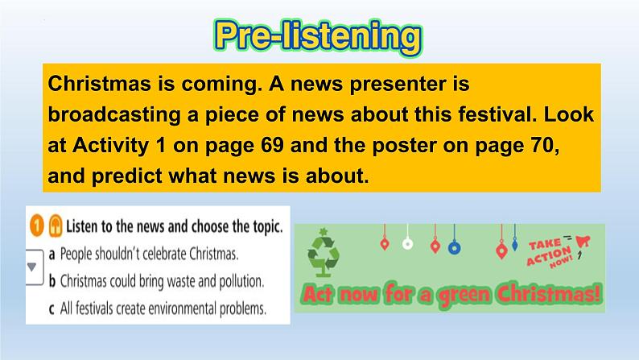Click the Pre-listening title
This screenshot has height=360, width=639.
pyautogui.click(x=318, y=37)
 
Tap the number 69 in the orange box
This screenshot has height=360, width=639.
pyautogui.click(x=272, y=145)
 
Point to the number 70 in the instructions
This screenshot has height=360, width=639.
pyautogui.click(x=544, y=146)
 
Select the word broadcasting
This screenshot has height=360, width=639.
pyautogui.click(x=114, y=115)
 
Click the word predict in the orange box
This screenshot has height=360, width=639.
pyautogui.click(x=126, y=176)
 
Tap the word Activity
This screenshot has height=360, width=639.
pyautogui.click(x=110, y=146)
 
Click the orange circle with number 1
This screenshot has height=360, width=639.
pyautogui.click(x=37, y=226)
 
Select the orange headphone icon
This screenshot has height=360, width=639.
pyautogui.click(x=56, y=226)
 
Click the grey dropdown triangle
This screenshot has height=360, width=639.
pyautogui.click(x=31, y=267)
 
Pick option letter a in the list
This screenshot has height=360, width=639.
pyautogui.click(x=52, y=254)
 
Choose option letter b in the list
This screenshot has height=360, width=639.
pyautogui.click(x=52, y=281)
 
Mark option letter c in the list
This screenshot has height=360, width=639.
pyautogui.click(x=52, y=309)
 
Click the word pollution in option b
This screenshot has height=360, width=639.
pyautogui.click(x=241, y=282)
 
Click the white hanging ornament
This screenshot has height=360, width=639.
pyautogui.click(x=407, y=244)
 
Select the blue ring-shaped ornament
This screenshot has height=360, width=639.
pyautogui.click(x=455, y=247)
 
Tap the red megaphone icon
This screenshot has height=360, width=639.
pyautogui.click(x=583, y=242)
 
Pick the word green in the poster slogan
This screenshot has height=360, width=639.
pyautogui.click(x=464, y=294)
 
